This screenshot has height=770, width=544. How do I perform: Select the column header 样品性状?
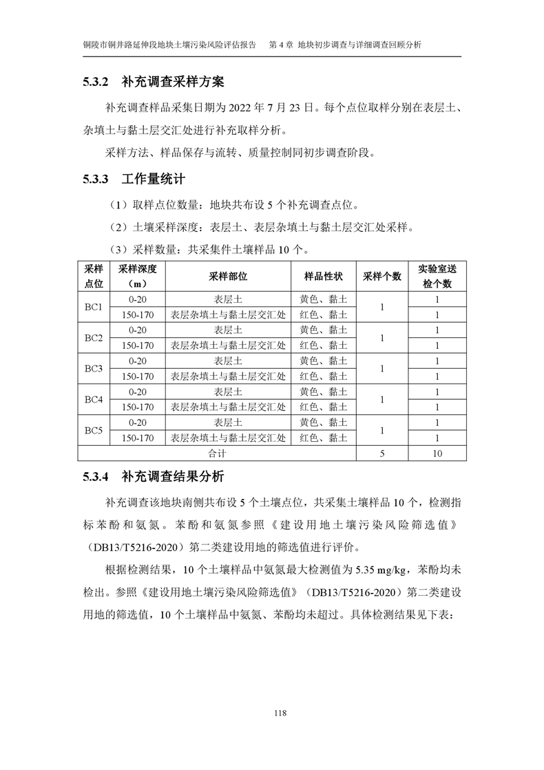pyautogui.click(x=324, y=276)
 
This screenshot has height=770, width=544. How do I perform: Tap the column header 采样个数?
pyautogui.click(x=382, y=276)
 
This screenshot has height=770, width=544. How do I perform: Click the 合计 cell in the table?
pyautogui.click(x=217, y=453)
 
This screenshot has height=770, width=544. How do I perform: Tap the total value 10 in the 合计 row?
pyautogui.click(x=437, y=453)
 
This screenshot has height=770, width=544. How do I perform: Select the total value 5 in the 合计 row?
pyautogui.click(x=382, y=453)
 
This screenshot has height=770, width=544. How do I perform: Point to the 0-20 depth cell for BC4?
pyautogui.click(x=138, y=392)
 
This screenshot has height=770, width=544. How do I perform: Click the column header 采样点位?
pyautogui.click(x=94, y=276)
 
